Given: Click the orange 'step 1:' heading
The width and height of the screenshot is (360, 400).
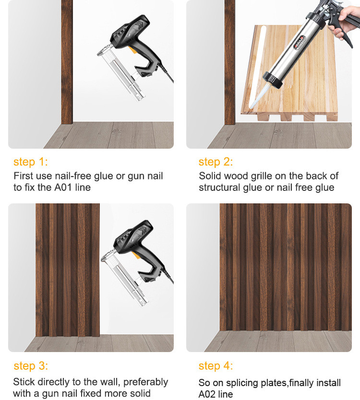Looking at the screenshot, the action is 31,162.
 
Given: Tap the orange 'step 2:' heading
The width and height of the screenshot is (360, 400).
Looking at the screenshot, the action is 216,162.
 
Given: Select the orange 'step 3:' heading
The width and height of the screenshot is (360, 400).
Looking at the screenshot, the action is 31,366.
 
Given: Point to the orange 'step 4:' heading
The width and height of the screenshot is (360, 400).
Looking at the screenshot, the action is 216,366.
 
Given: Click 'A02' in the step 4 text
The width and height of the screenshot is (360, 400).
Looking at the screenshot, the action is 207,394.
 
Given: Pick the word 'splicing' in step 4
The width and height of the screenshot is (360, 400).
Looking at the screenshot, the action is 242,383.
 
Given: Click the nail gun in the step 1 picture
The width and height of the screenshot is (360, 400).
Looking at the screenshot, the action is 135,58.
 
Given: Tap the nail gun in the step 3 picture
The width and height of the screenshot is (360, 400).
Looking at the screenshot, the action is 137,263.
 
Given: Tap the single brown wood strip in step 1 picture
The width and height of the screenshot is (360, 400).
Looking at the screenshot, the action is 67,62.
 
